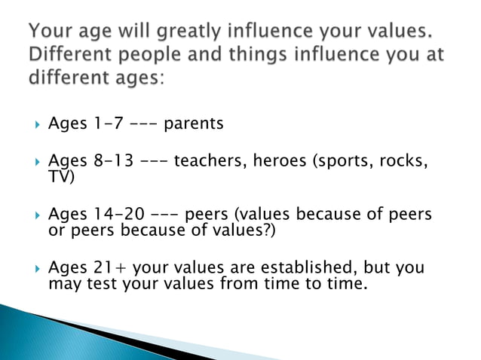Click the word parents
tap(193, 124)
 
